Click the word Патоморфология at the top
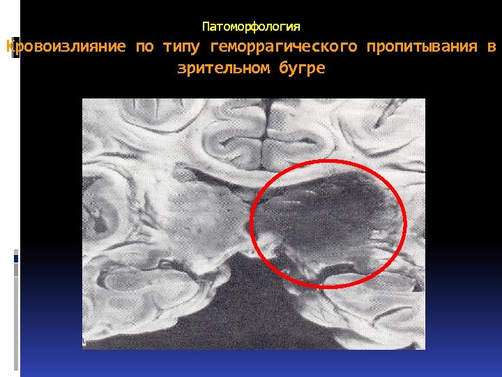(251, 27)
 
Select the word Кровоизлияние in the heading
(66, 47)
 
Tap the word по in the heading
(144, 47)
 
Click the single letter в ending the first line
(492, 47)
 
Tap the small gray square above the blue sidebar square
(17, 251)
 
